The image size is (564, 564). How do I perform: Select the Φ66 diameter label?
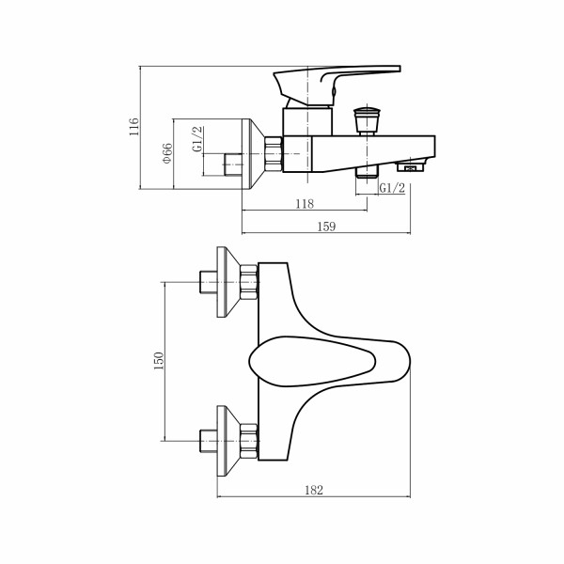click(166, 153)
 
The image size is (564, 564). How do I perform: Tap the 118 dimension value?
click(304, 204)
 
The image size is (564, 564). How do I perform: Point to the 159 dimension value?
click(328, 226)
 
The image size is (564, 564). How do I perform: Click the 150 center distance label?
click(159, 360)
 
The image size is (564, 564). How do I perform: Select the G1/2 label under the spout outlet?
click(392, 189)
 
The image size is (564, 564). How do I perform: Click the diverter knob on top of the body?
click(366, 119)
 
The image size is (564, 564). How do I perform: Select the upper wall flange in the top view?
click(227, 282)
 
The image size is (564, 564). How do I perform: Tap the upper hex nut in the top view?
click(249, 282)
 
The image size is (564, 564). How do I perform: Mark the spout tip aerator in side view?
click(410, 168)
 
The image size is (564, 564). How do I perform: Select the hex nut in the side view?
click(274, 153)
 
